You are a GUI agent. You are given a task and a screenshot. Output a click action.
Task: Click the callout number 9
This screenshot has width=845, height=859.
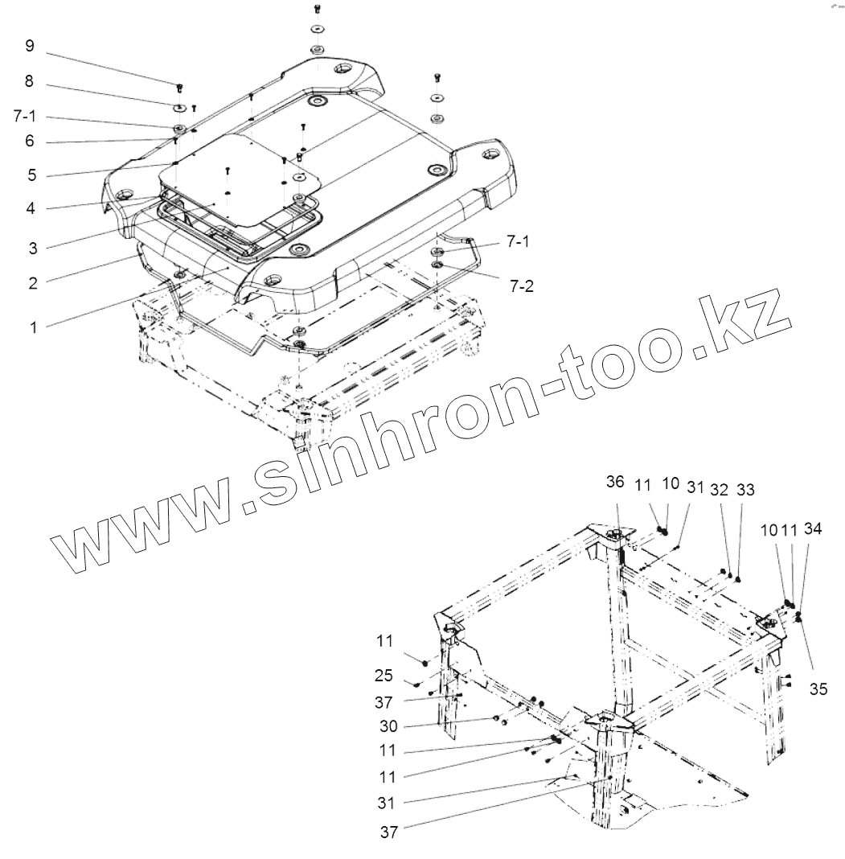click(30, 46)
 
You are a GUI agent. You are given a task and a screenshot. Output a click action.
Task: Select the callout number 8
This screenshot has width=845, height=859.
click(30, 80)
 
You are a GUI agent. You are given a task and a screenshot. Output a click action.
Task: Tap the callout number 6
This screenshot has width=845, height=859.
click(30, 141)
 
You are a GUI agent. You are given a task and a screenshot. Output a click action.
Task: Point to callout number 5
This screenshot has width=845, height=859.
click(30, 175)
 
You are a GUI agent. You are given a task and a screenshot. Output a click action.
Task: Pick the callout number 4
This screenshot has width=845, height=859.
click(30, 208)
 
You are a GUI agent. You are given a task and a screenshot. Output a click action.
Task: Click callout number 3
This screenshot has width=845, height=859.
click(32, 248)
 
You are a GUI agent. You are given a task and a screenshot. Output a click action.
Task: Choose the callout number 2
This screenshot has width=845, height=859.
click(32, 282)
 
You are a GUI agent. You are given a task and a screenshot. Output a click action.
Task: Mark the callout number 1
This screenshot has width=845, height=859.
click(32, 327)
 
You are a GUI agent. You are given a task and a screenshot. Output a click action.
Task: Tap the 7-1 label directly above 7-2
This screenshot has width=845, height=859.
click(519, 241)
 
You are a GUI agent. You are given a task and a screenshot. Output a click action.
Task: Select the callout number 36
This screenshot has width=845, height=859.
click(615, 482)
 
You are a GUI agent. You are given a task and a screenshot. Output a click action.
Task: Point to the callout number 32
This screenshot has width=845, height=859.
click(720, 490)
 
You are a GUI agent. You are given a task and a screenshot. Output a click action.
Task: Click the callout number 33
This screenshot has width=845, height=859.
click(745, 490)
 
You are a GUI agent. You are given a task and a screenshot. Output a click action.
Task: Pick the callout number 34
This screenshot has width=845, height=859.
click(813, 528)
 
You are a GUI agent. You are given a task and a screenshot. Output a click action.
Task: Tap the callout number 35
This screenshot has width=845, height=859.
click(818, 688)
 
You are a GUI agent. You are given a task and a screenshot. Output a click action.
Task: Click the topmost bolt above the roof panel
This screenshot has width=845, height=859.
click(317, 10)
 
